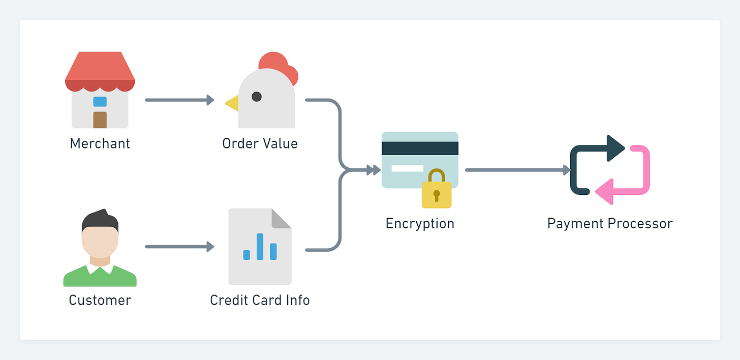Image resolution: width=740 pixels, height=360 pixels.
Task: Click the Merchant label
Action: coord(100,144)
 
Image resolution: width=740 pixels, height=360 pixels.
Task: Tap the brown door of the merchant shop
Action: coord(100,120)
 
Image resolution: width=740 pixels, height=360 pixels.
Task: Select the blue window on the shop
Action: coord(100,101)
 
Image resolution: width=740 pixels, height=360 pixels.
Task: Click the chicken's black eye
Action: coord(257,96)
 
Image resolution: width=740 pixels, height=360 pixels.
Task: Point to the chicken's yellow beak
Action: coord(232,103)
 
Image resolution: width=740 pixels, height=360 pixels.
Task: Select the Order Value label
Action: coord(260,144)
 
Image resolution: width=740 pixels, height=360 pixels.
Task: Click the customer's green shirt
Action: coord(100,278)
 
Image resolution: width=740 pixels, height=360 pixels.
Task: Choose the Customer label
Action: coord(100,301)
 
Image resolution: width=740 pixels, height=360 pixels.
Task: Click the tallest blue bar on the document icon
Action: coord(260,247)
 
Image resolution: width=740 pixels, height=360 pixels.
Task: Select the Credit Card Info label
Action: coord(260,301)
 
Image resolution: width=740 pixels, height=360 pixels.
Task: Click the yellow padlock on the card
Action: coord(437,191)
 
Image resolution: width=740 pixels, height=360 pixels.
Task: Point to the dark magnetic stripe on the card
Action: coord(420,148)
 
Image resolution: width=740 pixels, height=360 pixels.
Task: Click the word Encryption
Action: coord(420,224)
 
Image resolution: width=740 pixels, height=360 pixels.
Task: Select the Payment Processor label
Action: coord(609,224)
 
